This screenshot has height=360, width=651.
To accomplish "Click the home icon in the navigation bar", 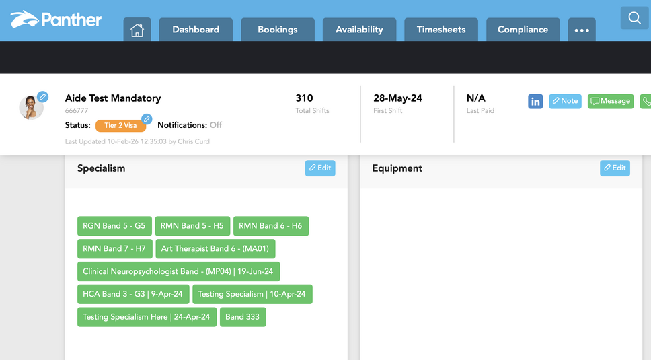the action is pos(137,30).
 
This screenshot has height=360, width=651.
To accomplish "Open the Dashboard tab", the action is pos(196,30).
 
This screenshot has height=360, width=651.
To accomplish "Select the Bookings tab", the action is pos(277,30).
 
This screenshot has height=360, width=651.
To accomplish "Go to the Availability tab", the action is pos(359,30).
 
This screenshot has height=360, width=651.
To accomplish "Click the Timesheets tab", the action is pos(441,30).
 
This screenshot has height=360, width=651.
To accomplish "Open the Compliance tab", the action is pos(523,30).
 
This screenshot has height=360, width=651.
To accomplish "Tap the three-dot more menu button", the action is pos(582,30).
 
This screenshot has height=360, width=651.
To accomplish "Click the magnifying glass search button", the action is pos(634,18).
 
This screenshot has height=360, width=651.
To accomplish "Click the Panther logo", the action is pos(56,19).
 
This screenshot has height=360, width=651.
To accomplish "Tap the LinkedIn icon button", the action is pos(535,102).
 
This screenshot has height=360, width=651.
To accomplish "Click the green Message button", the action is pos(611,102).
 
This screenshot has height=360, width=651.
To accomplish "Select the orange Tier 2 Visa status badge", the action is pos(120,125).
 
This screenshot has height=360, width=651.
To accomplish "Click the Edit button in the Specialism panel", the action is pos(320,168).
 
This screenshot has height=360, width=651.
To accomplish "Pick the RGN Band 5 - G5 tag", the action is pos(114,226).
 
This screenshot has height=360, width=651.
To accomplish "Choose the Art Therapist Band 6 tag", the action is pos(215,249).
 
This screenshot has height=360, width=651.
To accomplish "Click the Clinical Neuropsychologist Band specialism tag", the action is pos(178,272).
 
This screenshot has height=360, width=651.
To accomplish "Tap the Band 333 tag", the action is pos(243,317).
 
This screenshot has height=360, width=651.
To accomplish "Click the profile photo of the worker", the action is pos(31,107).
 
